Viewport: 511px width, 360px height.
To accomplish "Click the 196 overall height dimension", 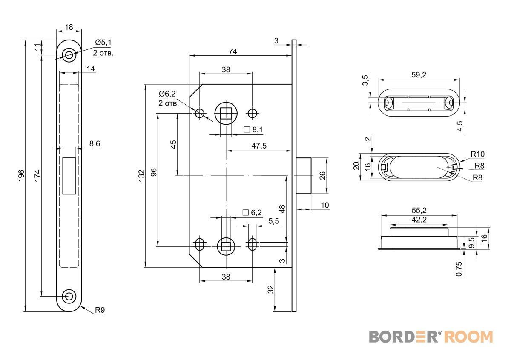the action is click(x=21, y=176).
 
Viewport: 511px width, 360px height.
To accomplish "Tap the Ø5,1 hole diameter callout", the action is click(x=103, y=43).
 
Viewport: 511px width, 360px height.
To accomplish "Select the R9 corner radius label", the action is click(x=100, y=310).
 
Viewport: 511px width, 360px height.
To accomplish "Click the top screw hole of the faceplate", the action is click(x=69, y=55).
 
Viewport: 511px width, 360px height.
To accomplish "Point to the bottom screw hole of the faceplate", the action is click(x=69, y=297).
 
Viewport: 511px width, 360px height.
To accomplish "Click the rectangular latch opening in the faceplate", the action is click(x=69, y=176).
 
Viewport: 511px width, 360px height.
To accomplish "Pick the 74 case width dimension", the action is click(x=233, y=51).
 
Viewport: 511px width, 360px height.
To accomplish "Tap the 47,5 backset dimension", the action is click(x=259, y=146).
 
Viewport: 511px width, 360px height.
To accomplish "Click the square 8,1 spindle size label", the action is click(x=253, y=129).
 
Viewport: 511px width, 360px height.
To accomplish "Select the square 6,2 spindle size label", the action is click(x=252, y=212).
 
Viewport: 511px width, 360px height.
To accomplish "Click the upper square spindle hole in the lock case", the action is click(x=226, y=113).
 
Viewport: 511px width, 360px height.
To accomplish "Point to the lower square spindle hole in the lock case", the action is click(x=226, y=246).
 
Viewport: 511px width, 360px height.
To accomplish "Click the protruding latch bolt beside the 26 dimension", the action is click(x=304, y=176).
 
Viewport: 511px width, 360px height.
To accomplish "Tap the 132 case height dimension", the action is click(x=141, y=176).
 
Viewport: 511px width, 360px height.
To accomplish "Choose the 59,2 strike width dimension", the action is click(x=419, y=75).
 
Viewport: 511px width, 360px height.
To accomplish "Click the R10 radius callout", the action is click(x=477, y=154).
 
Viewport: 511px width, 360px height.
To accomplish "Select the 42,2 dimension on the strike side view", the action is click(x=419, y=220).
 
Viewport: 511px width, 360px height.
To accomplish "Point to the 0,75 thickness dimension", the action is click(x=459, y=269).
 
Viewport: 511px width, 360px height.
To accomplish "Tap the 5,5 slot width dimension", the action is click(x=274, y=221).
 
